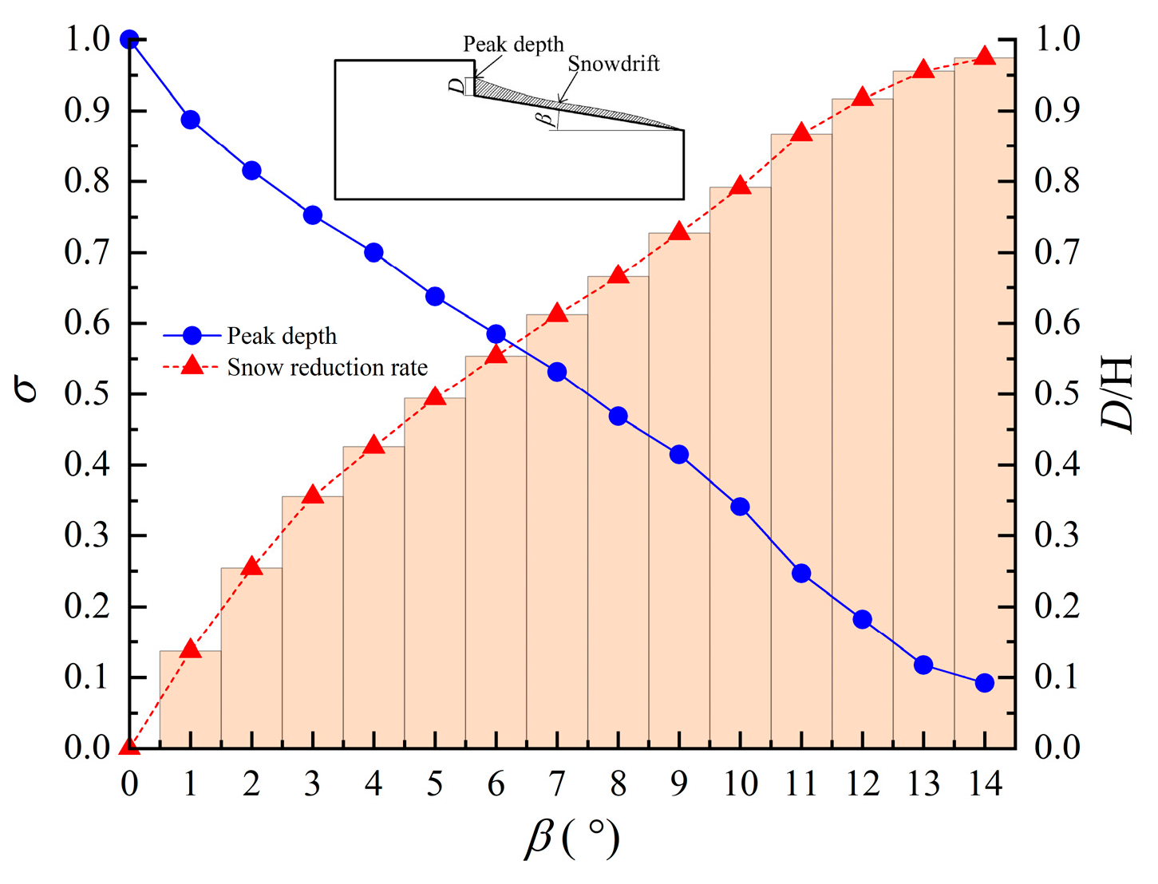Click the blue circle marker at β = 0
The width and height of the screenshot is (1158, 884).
point(129,39)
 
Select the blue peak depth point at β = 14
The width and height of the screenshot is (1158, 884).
point(984,682)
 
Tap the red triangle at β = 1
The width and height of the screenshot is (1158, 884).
point(190,649)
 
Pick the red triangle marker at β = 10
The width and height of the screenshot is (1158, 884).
point(740,186)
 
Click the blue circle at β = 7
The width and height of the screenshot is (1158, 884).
point(557,372)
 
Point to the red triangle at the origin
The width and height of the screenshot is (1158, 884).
point(129,746)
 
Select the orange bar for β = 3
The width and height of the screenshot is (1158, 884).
point(313,622)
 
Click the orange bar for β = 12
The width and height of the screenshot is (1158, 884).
point(862,423)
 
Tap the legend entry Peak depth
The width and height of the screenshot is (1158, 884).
point(282,336)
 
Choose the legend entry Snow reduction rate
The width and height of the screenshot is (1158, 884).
point(327,367)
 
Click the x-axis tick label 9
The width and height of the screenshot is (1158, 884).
point(679,784)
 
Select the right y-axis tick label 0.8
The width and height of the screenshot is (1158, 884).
point(1057,181)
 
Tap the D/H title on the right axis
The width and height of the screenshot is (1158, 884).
point(1117,393)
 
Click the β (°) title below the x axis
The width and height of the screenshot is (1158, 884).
point(571,839)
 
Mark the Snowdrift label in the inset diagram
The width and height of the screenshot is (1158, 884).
point(614,64)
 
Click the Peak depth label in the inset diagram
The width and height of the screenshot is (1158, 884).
point(513,44)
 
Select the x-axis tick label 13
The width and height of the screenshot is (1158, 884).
point(923,784)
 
